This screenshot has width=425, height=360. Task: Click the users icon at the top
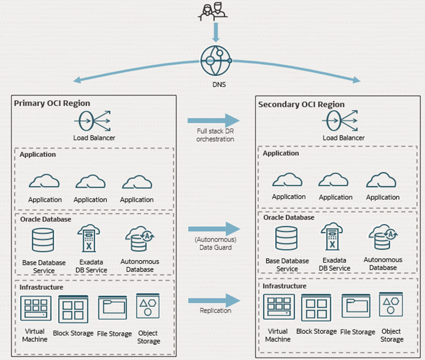coord(214,12)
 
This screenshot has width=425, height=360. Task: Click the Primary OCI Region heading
coord(52,103)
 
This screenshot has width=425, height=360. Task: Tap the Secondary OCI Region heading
coord(301,105)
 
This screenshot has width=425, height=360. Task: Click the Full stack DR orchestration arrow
coord(214,120)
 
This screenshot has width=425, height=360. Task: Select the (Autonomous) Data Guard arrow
coord(214,228)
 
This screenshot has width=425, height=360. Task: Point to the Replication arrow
coord(214,300)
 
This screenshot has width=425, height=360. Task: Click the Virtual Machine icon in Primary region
coord(35,308)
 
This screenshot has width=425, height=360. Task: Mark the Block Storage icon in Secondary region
coord(317,307)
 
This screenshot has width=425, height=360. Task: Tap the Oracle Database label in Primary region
coord(45,219)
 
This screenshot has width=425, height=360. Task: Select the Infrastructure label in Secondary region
coord(284,286)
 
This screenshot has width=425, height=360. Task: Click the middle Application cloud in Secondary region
coord(335,180)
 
